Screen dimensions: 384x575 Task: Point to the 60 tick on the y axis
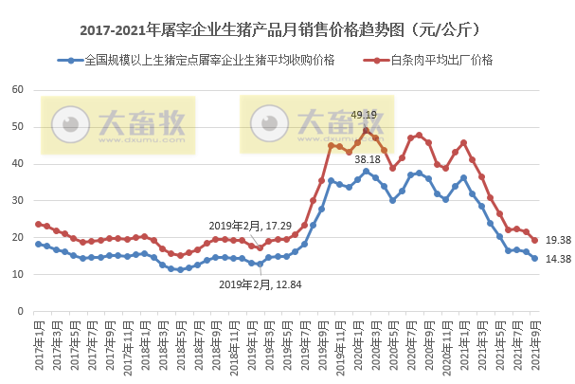tap(17, 90)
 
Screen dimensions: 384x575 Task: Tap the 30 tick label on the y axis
tap(17, 201)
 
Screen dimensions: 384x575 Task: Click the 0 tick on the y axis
tap(20, 311)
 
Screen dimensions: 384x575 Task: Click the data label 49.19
tap(364, 115)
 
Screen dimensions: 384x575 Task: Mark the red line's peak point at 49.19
tap(367, 130)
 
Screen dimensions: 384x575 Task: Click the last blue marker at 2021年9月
tap(535, 258)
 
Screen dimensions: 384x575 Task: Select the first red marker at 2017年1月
tap(38, 224)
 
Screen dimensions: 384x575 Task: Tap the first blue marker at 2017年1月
tap(38, 244)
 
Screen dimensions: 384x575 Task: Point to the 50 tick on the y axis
tap(17, 127)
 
